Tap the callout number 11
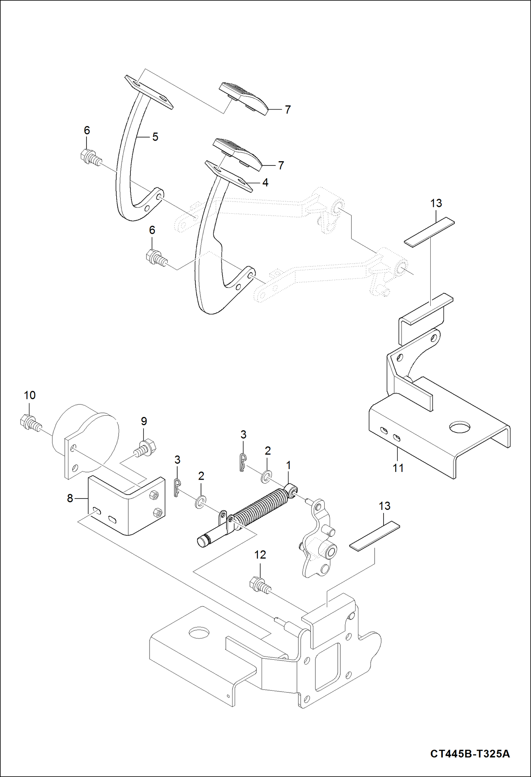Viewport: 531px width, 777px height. click(x=398, y=468)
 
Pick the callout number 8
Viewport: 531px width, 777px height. click(x=70, y=498)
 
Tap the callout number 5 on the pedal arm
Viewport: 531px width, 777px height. click(x=155, y=137)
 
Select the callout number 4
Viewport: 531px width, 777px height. click(x=265, y=183)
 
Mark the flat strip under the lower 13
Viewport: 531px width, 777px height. click(x=374, y=534)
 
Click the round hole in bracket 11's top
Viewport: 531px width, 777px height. click(x=460, y=427)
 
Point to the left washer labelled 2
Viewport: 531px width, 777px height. click(x=200, y=502)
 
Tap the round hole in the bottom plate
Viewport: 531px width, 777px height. click(x=200, y=632)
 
